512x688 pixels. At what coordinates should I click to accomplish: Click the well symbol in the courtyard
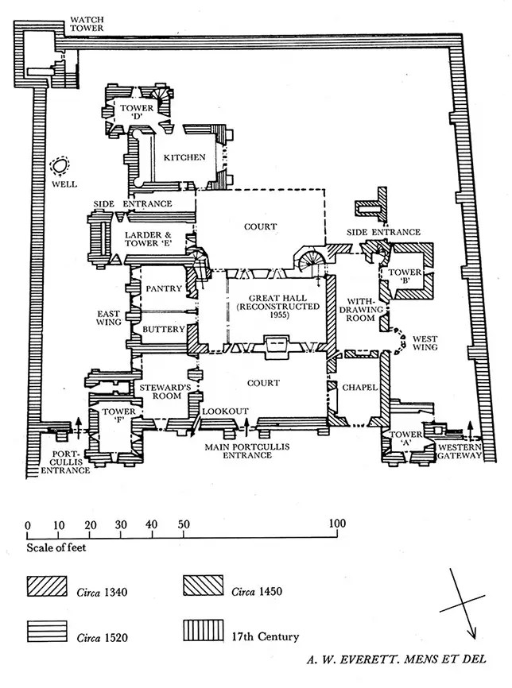(58, 168)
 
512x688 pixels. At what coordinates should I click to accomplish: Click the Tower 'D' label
(138, 114)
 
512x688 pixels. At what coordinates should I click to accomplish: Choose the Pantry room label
(165, 288)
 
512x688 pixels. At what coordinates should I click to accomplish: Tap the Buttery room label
(164, 328)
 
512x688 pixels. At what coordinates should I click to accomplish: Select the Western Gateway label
(459, 450)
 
